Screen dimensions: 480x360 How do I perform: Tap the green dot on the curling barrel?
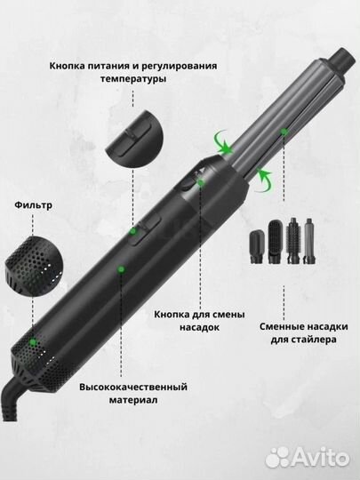[284, 132]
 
